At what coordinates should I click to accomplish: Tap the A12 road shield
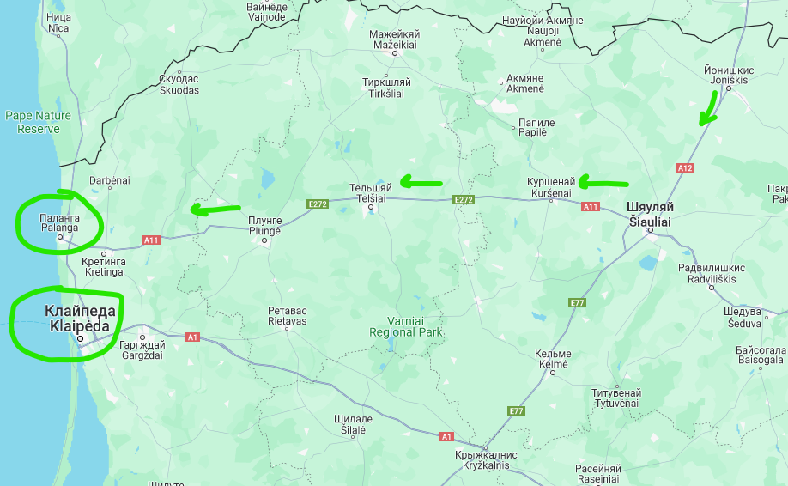click(x=685, y=168)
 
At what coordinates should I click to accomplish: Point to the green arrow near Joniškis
click(x=708, y=109)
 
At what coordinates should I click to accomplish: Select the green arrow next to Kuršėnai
click(x=603, y=182)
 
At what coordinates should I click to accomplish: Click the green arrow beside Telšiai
click(x=421, y=182)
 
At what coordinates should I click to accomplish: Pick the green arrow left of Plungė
click(x=215, y=208)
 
